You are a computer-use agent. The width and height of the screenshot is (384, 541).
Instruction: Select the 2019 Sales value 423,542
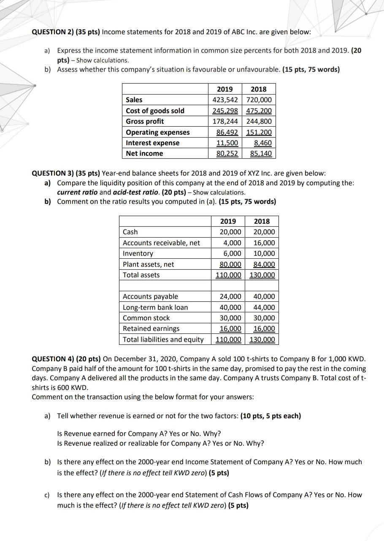coord(224,100)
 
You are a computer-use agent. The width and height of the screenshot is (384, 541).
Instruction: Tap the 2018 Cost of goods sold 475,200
coord(258,111)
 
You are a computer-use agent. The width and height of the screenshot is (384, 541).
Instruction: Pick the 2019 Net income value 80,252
coord(227,154)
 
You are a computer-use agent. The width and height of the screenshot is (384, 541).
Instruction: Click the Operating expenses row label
coord(158,132)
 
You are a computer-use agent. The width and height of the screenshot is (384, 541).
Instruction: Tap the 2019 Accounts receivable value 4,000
coord(233,243)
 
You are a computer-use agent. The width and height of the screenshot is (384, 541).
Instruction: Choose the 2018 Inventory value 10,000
coord(264,253)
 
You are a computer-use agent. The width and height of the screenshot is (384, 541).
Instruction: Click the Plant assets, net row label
coord(148,264)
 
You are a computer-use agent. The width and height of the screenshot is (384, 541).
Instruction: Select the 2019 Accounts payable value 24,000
coord(230,297)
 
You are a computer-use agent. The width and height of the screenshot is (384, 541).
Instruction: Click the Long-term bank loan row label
coord(155,307)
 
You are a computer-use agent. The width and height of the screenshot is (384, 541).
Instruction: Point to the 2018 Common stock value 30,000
coord(264,318)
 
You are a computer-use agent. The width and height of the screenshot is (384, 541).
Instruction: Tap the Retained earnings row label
coord(151,328)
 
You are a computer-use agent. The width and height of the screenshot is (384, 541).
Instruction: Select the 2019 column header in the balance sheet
coord(228,221)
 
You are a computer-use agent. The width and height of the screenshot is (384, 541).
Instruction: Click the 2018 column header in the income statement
coord(258,89)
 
